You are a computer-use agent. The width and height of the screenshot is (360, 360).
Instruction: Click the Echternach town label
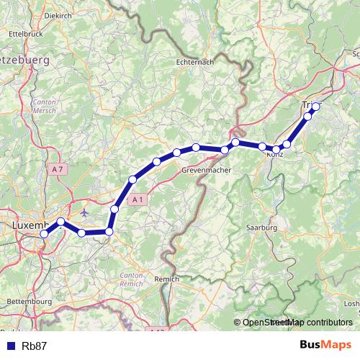coord(195,63)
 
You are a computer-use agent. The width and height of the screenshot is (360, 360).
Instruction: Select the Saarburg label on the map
coord(261,228)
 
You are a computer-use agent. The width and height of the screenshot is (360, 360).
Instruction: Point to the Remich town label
coord(167,277)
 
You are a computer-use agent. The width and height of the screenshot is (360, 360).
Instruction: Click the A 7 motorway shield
coord(58,168)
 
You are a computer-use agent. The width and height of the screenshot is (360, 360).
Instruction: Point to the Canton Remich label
coord(132,280)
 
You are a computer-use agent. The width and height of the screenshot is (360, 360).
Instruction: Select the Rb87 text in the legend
coord(35,346)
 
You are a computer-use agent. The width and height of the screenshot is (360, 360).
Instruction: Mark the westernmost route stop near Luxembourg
coord(45,233)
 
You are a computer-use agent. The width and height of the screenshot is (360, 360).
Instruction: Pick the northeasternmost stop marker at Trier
coord(315,107)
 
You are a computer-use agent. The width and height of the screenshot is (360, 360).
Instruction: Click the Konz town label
coord(274,155)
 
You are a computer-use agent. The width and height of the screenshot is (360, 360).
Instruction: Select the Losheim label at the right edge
coord(352,303)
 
